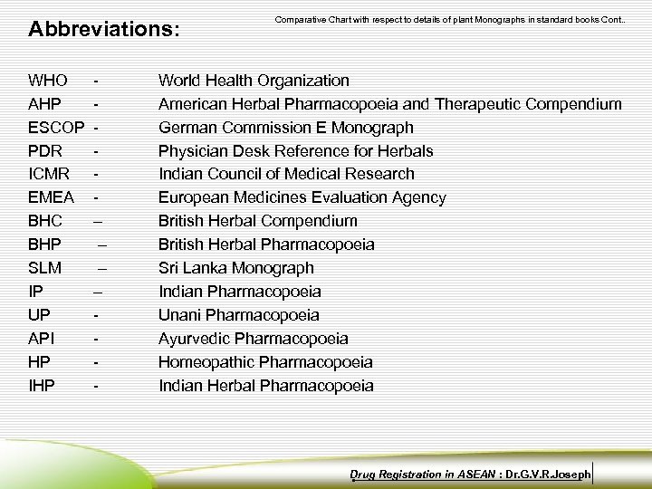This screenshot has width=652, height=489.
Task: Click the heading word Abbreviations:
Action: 104,29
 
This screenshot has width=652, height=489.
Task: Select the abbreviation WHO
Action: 48,81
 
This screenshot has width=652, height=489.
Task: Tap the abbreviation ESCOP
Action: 57,128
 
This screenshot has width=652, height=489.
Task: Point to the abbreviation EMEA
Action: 52,197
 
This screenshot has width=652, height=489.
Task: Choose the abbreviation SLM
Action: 45,268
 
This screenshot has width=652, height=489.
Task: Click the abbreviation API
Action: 41,339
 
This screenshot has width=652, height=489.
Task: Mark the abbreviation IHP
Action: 42,386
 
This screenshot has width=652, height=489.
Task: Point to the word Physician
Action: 195,151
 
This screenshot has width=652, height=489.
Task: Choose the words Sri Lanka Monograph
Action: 236,268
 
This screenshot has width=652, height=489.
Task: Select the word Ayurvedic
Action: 194,339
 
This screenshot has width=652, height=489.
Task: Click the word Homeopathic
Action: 206,362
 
